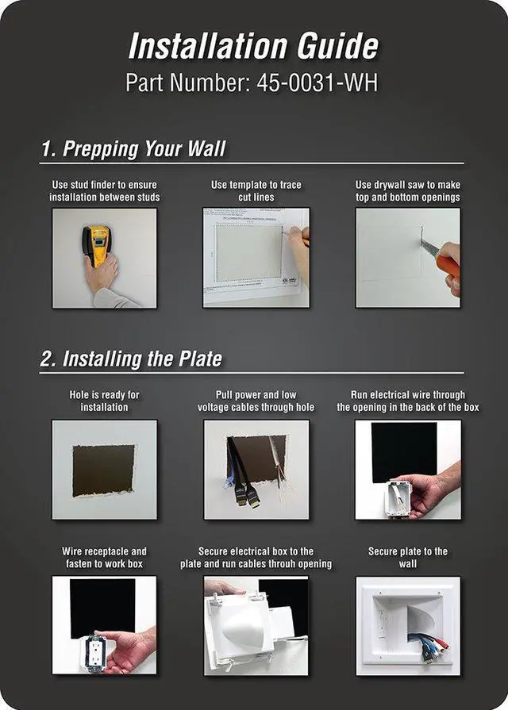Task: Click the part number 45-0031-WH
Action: [x=317, y=83]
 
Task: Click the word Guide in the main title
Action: [x=337, y=46]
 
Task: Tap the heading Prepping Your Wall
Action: [x=144, y=148]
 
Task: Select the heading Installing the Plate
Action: [x=142, y=359]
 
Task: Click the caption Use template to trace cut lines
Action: [x=256, y=190]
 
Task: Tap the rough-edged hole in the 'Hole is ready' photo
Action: [x=104, y=470]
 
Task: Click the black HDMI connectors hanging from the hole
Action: [x=246, y=495]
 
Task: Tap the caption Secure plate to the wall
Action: [x=408, y=558]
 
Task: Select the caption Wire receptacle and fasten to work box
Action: [x=104, y=558]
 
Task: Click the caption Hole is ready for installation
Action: [x=104, y=401]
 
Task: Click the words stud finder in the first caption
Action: [x=98, y=185]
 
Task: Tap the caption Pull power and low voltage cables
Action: [x=256, y=401]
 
